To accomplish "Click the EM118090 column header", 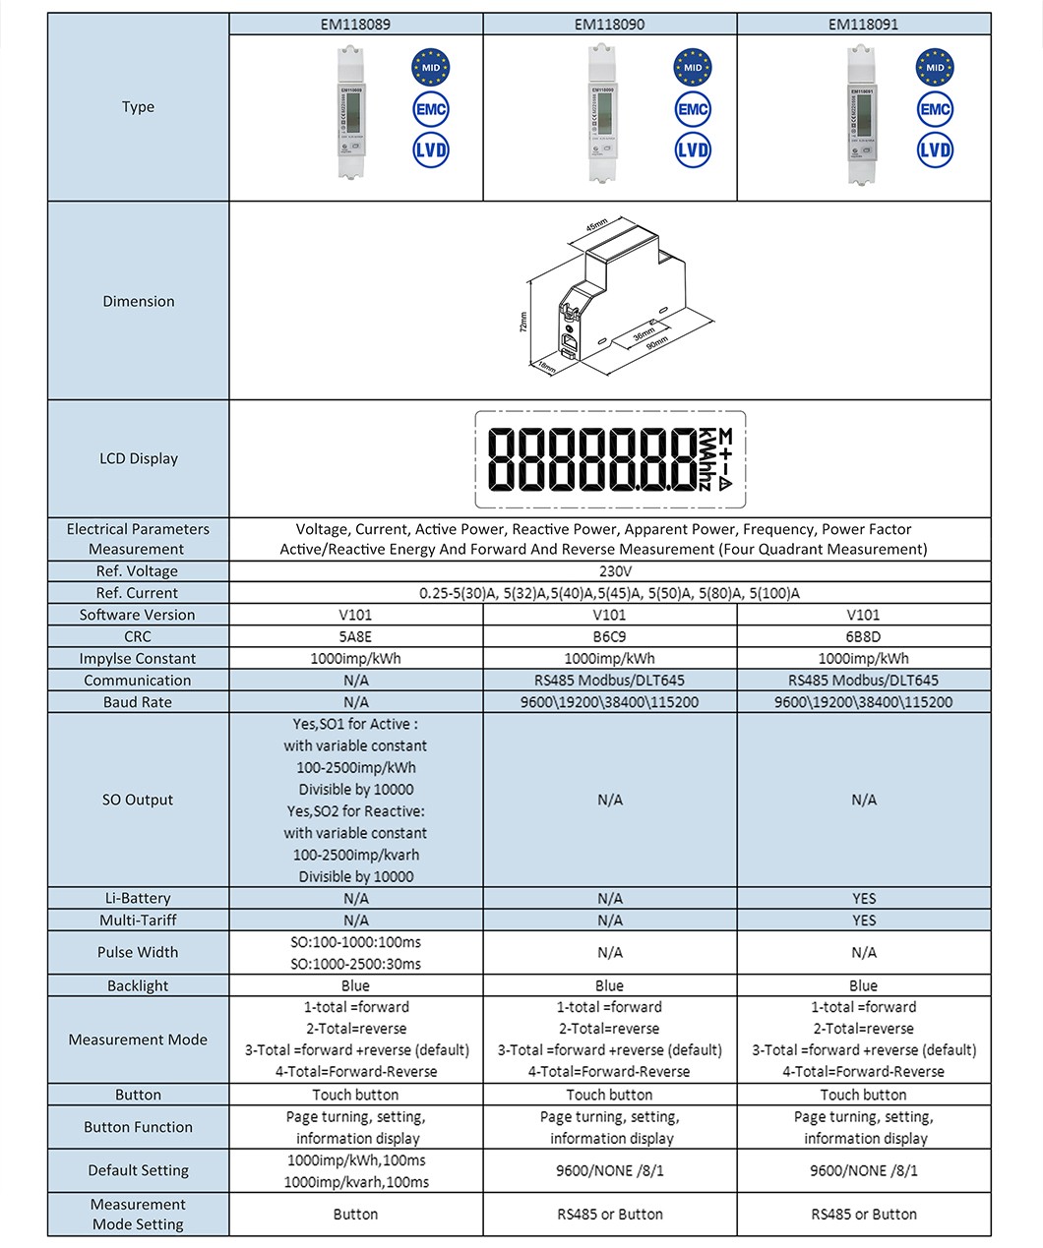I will (x=609, y=24).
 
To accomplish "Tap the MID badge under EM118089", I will (x=430, y=68).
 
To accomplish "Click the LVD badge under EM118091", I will (x=935, y=149).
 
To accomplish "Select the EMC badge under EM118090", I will (x=693, y=109).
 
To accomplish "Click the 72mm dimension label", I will (x=523, y=323).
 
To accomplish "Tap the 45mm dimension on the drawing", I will (x=597, y=226).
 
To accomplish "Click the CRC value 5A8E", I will (x=356, y=636).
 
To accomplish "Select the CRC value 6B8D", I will (x=863, y=636).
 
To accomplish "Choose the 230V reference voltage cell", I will (x=610, y=571).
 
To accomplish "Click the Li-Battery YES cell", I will (x=863, y=898).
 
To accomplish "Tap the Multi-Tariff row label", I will (x=138, y=920).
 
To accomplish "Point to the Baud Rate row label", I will (x=138, y=702).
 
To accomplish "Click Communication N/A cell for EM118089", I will (x=356, y=681).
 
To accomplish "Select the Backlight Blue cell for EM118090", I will (x=609, y=985).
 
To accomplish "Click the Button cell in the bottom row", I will (x=356, y=1215).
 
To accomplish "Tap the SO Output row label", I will (x=138, y=800).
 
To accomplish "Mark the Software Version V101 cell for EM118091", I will (x=863, y=615).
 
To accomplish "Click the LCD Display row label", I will (x=138, y=458).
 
